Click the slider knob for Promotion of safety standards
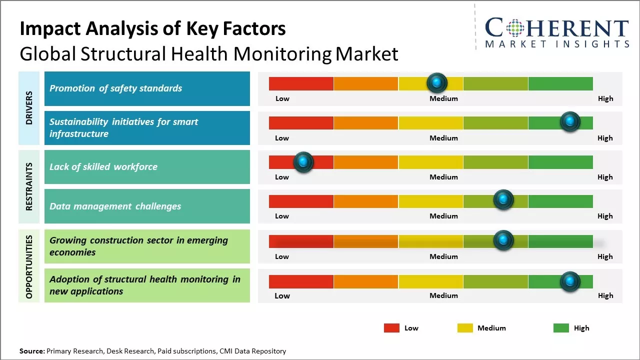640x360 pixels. pos(437,83)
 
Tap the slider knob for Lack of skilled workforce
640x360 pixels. pos(303,162)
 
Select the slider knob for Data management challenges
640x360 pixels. pos(503,199)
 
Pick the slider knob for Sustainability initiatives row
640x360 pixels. pos(570,121)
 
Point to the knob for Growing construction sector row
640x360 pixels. pos(503,240)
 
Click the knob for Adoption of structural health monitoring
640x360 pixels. pos(570,281)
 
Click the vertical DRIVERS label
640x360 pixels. pos(29,108)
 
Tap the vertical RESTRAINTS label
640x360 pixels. pos(29,186)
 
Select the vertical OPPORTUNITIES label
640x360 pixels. pos(29,267)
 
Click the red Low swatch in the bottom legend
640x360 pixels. pos(391,328)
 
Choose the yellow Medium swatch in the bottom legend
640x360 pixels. pos(465,328)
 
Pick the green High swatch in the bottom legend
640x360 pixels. pos(561,328)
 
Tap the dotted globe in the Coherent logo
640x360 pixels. pos(515,28)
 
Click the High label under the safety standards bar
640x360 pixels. pos(605,98)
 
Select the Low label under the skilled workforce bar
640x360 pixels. pos(282,177)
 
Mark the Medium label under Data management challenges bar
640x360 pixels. pos(443,216)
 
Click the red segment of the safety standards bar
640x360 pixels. pos(301,83)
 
